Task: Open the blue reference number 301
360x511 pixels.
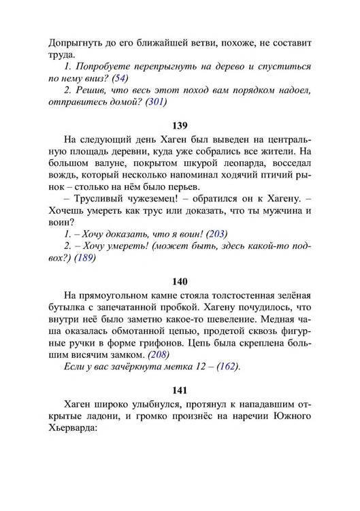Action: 156,102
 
